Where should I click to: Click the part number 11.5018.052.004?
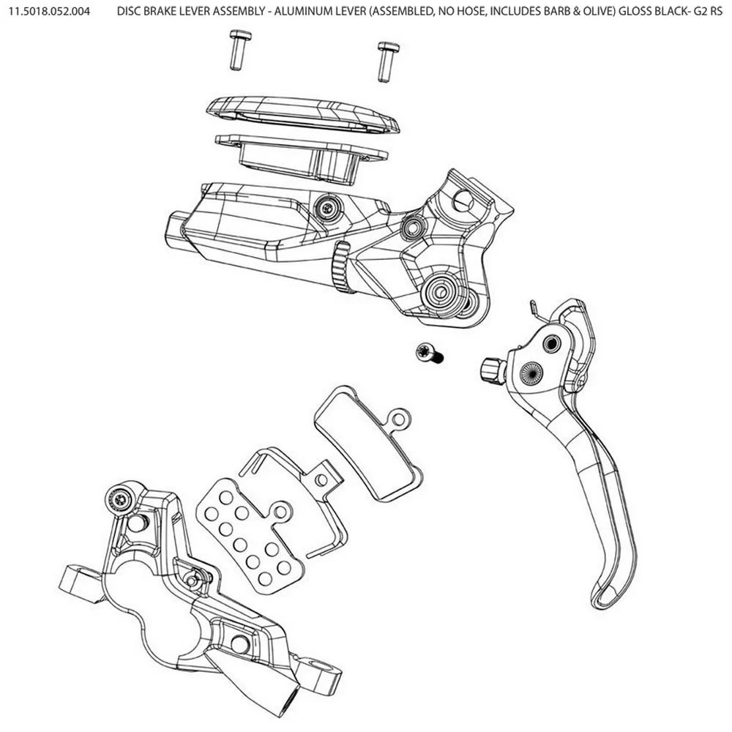50,13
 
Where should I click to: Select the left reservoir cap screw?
236,51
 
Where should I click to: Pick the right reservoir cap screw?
386,61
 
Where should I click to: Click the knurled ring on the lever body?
340,269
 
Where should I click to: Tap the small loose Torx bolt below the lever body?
427,354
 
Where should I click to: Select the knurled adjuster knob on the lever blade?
492,369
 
